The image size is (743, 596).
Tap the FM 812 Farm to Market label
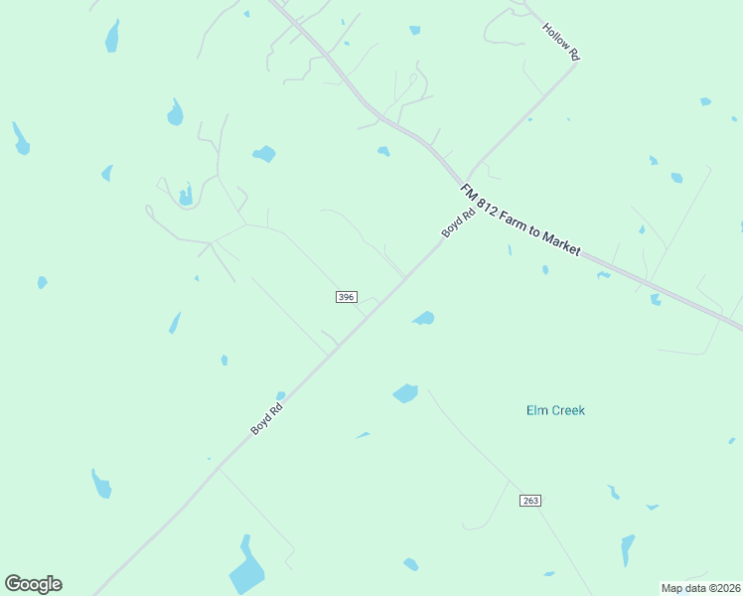click(520, 220)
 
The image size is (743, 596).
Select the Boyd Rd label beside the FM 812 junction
click(453, 225)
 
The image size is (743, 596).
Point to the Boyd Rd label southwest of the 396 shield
click(267, 417)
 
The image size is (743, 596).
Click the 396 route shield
click(346, 297)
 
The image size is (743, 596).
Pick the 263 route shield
click(529, 501)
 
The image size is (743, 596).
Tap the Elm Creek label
click(555, 410)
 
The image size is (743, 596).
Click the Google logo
click(33, 584)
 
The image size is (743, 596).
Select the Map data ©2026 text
click(700, 588)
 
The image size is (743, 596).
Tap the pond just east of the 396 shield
click(424, 318)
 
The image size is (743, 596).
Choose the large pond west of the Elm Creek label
click(405, 393)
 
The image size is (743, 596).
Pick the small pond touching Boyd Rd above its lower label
click(281, 395)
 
